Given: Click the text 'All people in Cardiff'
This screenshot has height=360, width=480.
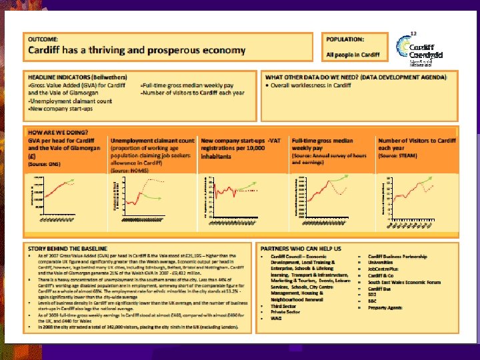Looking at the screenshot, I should click(x=352, y=55).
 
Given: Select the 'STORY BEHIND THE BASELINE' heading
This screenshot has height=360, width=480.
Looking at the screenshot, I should click(x=65, y=246).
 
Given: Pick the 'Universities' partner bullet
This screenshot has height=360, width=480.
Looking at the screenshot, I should click(x=383, y=263).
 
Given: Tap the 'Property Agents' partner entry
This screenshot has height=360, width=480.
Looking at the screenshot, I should click(x=386, y=308).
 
